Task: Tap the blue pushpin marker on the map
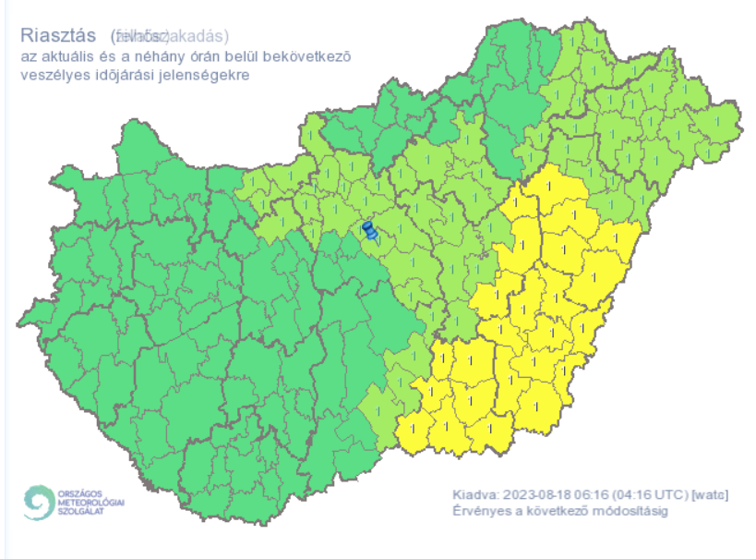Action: pyautogui.click(x=369, y=231)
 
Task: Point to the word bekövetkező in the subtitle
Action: pyautogui.click(x=310, y=57)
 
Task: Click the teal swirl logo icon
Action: pyautogui.click(x=39, y=502)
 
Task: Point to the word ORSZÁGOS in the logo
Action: pyautogui.click(x=81, y=492)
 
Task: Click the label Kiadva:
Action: pyautogui.click(x=475, y=495)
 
